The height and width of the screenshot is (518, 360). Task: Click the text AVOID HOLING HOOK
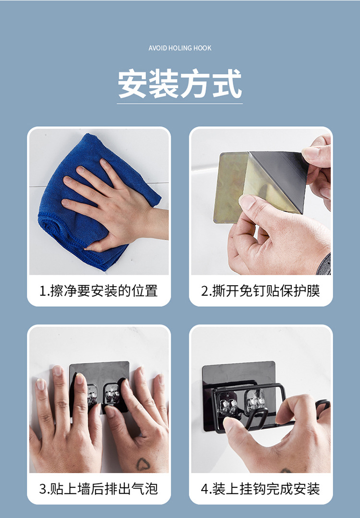[180, 48]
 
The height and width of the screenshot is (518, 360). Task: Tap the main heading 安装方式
[180, 84]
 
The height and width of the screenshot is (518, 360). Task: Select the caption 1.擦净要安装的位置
[98, 291]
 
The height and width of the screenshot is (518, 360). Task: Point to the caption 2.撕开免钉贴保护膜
[261, 291]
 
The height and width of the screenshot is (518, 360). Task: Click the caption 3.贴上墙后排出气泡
[98, 489]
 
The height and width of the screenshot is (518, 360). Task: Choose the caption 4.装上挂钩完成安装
[261, 489]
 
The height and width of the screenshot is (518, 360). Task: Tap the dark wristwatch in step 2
[324, 265]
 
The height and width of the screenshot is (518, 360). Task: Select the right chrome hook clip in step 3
[112, 394]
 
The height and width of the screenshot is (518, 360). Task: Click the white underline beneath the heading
[180, 104]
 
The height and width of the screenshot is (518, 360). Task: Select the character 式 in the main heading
[227, 84]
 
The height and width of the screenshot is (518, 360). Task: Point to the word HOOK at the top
[203, 48]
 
